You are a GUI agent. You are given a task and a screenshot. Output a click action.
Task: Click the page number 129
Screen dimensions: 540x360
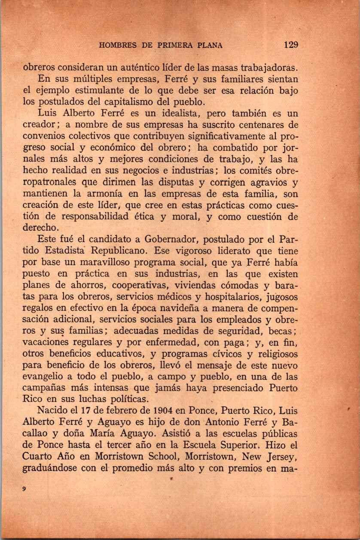[291, 45]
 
